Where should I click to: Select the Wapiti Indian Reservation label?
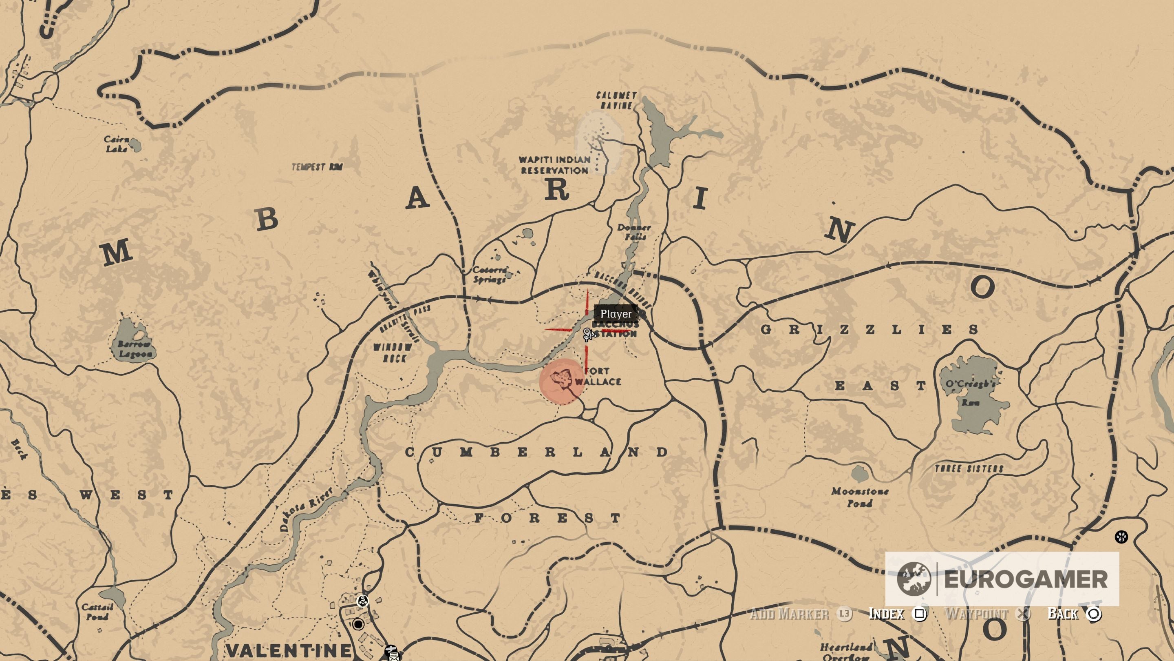pyautogui.click(x=555, y=165)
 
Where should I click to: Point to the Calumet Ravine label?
pyautogui.click(x=617, y=100)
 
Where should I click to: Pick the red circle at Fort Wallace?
pyautogui.click(x=561, y=381)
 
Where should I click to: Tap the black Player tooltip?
pyautogui.click(x=616, y=314)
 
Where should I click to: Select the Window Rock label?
pyautogui.click(x=393, y=353)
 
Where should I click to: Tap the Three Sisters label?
pyautogui.click(x=969, y=468)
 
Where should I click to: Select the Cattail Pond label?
pyautogui.click(x=97, y=612)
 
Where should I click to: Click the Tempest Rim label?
pyautogui.click(x=317, y=167)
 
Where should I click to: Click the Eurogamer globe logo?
pyautogui.click(x=913, y=579)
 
